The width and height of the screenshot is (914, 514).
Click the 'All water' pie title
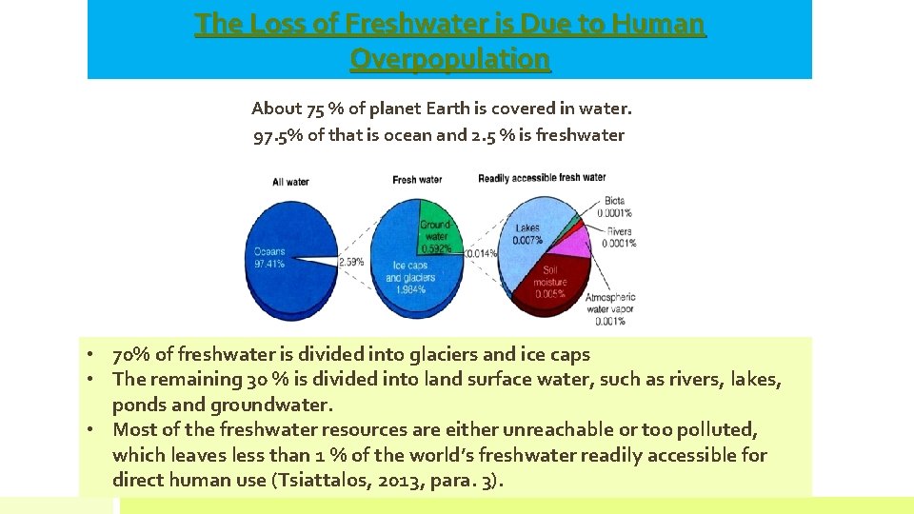tap(290, 181)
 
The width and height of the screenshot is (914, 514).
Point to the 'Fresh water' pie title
tap(417, 180)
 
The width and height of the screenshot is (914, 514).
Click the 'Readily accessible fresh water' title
tap(542, 178)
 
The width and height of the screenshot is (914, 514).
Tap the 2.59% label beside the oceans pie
tap(352, 261)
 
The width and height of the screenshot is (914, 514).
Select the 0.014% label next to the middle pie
tap(481, 254)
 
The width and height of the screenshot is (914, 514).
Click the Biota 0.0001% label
tap(614, 208)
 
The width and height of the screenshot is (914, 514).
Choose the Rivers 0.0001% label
tap(618, 237)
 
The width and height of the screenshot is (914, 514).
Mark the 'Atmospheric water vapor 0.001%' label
tap(610, 309)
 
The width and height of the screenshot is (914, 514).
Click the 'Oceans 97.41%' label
tap(269, 257)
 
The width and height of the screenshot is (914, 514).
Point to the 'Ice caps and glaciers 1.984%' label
tap(410, 277)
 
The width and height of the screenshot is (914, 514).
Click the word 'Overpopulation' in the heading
tap(449, 59)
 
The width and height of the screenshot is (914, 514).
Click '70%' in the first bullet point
tap(131, 355)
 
